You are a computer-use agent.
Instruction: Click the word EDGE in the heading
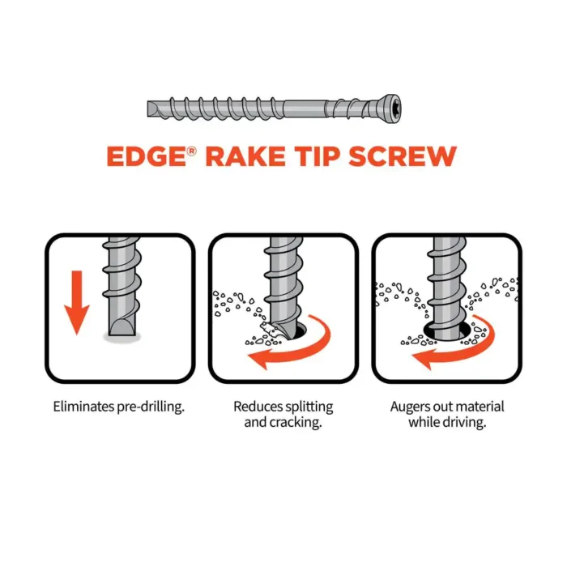pos(147,156)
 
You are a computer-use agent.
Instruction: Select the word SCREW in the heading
pos(403,156)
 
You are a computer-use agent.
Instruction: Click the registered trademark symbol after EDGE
pos(192,151)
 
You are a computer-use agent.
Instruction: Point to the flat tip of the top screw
pos(149,109)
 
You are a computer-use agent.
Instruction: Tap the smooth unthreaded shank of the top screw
pos(303,109)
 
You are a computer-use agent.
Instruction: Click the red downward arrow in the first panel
pos(77,302)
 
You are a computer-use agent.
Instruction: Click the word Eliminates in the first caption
pos(83,407)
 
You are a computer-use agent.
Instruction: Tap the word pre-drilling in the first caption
pos(151,407)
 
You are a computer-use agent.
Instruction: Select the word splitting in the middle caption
pos(309,407)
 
